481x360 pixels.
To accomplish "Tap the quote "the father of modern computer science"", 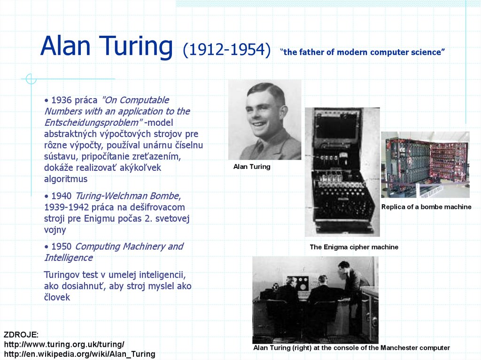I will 362,52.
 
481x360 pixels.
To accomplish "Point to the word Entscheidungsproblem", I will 91,123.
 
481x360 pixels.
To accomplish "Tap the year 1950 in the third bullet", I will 61,246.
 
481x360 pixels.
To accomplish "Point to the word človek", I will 57,297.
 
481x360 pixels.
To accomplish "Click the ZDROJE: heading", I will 21,335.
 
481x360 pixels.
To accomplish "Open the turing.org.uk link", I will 64,344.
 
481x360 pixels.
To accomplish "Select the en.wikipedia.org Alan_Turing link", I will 79,354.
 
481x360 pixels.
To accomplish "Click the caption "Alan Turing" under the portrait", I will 252,167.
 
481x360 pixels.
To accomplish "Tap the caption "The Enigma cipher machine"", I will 354,247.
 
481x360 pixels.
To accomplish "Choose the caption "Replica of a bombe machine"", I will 426,207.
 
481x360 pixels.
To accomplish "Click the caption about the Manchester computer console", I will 351,348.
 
